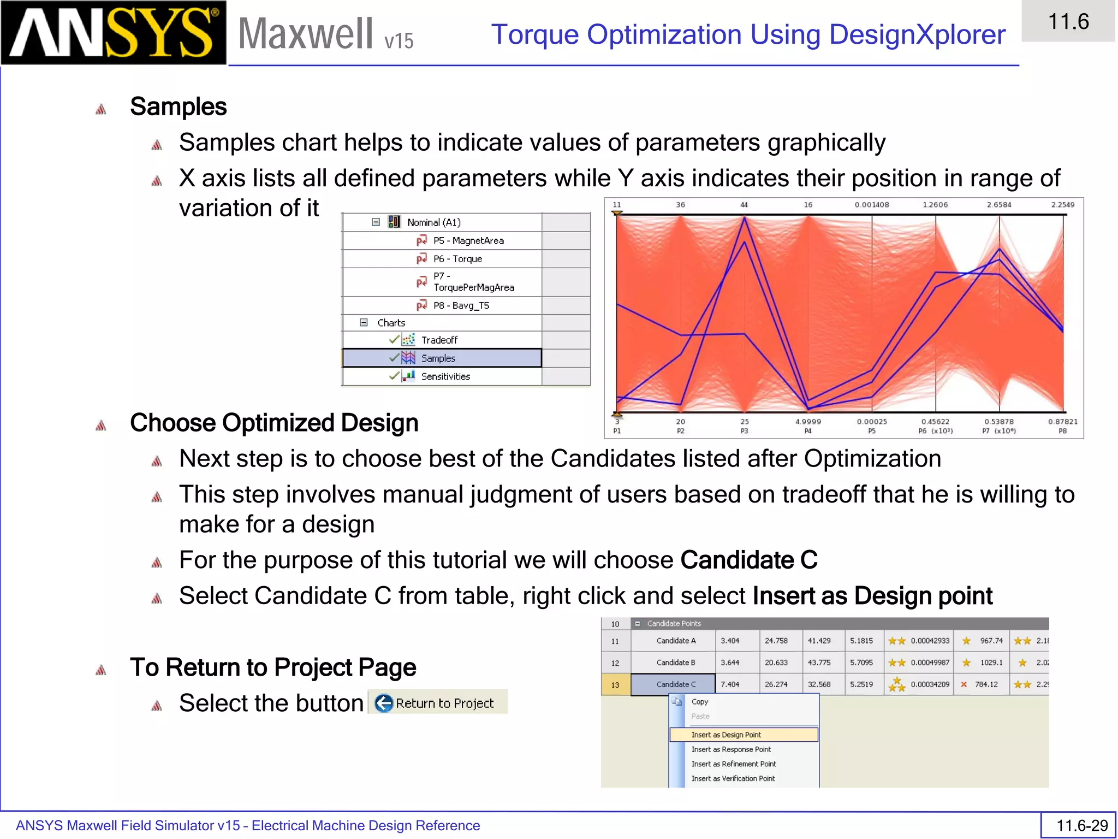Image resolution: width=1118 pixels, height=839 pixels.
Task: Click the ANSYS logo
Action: (113, 33)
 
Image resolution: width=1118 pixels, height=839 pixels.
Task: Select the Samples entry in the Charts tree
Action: (438, 358)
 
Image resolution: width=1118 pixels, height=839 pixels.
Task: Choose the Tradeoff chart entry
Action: (439, 340)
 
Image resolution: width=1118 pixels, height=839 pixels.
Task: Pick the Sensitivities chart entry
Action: (445, 376)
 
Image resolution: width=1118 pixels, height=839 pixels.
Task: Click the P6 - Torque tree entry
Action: (457, 259)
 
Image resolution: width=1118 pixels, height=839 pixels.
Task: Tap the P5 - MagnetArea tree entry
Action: (468, 241)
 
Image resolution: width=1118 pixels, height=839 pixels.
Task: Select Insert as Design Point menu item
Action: (726, 735)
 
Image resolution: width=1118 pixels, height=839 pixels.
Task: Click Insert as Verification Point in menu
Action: (733, 778)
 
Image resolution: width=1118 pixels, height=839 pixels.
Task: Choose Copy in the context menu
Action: (699, 702)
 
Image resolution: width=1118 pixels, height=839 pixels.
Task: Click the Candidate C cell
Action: (675, 684)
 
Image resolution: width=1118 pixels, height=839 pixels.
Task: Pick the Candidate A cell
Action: (675, 641)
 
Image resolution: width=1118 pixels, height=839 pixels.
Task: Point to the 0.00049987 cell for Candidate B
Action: (930, 663)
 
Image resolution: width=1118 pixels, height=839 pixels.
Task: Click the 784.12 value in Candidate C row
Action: (986, 684)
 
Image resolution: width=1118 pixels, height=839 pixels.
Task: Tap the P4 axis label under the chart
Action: (808, 431)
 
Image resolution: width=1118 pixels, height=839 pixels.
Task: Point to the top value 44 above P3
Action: (744, 205)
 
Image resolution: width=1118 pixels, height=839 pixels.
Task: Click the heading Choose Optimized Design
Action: (274, 423)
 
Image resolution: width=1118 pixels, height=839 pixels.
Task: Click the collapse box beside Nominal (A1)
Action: (376, 222)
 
